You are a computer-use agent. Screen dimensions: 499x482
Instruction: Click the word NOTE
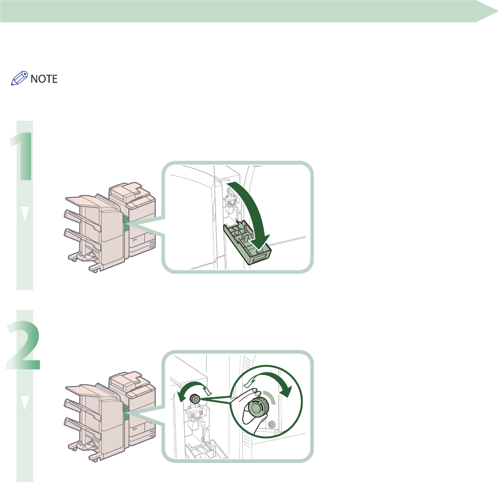[x=44, y=79]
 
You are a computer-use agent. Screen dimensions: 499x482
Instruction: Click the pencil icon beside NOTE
[x=19, y=78]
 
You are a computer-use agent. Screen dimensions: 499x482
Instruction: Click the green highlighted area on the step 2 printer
[x=126, y=414]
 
